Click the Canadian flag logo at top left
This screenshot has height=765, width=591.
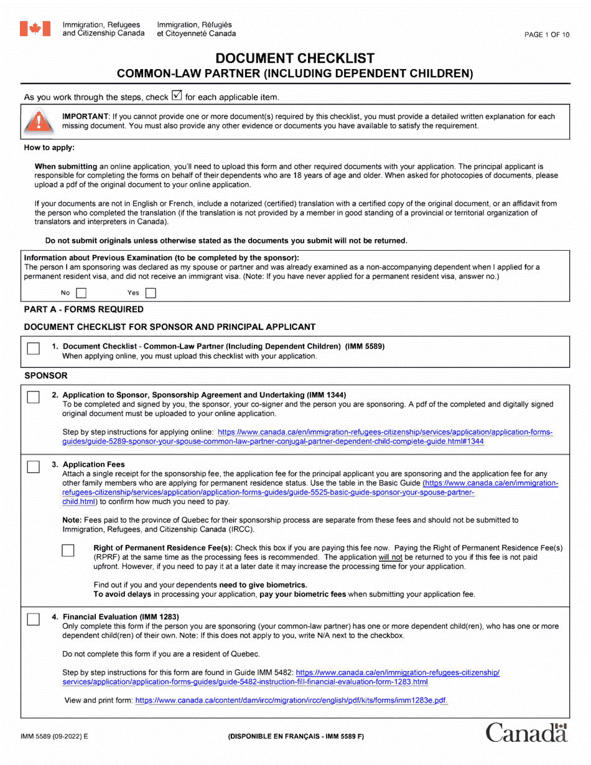tap(35, 29)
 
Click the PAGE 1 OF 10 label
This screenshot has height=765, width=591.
tap(546, 35)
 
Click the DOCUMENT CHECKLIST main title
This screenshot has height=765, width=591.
tap(295, 59)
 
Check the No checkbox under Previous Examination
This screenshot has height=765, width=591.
tap(81, 292)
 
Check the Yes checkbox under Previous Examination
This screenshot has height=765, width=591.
tap(150, 292)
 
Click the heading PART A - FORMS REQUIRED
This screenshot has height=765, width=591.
tap(83, 309)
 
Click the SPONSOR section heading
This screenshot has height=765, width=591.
tap(45, 377)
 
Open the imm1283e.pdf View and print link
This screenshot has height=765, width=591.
tap(291, 700)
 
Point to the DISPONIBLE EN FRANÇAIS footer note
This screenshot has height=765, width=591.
tap(295, 736)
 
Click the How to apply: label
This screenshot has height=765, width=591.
tap(49, 148)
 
